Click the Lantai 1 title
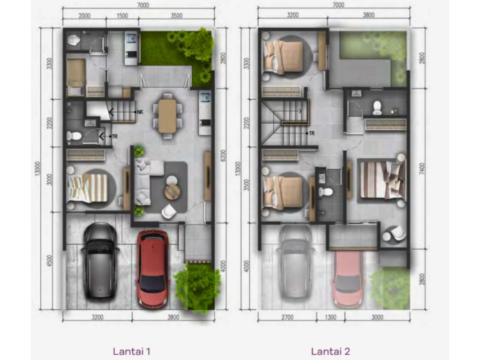[132, 351]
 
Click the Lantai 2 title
[330, 351]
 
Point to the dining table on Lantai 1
[167, 116]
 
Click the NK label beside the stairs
[140, 112]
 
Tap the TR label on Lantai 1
[115, 136]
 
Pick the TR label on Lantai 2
[312, 134]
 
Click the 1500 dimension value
[122, 15]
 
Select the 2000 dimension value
[84, 15]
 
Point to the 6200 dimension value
[223, 156]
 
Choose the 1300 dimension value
[330, 317]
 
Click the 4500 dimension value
[50, 261]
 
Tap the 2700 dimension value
[287, 317]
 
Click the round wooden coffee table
[172, 192]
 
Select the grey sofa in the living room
[145, 181]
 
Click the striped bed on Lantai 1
[87, 188]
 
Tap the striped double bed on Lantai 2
[382, 180]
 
